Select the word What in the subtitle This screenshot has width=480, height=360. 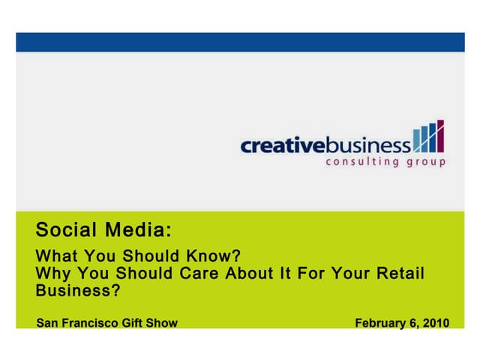pos(54,255)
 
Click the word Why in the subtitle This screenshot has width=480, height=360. pos(51,273)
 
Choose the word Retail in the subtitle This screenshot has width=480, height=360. pos(399,273)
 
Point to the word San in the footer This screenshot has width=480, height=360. pos(46,323)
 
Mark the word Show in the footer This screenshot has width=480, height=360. pos(163,323)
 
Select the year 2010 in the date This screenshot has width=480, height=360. pos(436,323)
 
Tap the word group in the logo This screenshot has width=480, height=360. pos(425,163)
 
